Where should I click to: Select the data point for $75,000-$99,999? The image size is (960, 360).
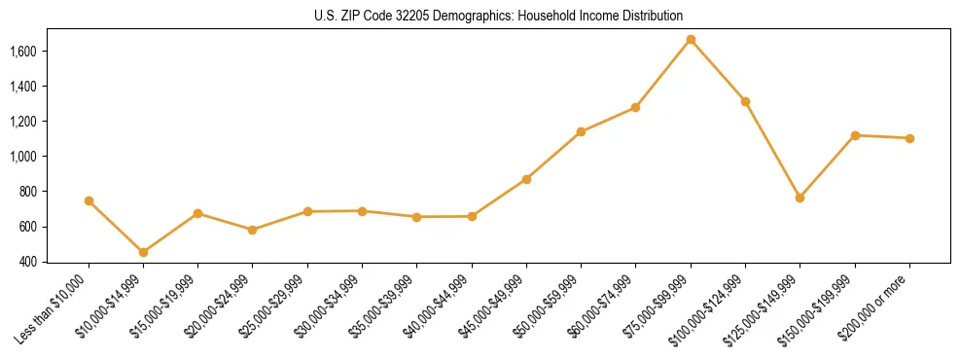pos(691,40)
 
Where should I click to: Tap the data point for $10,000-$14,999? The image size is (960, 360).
pos(143,252)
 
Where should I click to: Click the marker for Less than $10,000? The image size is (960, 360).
pos(89,200)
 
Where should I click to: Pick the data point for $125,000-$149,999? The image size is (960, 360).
pos(800,198)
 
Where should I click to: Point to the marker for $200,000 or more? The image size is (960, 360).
pos(909,138)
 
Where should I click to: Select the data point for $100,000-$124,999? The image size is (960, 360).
pos(745,101)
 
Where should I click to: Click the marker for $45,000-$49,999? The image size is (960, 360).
pos(526,179)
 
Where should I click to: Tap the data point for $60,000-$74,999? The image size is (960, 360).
pos(635,107)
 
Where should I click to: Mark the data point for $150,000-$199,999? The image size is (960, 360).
pos(855,135)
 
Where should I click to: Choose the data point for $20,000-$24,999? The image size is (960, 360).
pos(253,230)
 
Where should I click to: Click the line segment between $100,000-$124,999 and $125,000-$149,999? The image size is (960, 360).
pos(772,150)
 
